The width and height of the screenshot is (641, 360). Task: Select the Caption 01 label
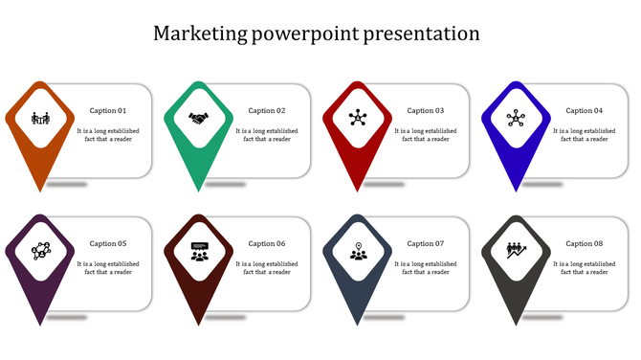(108, 111)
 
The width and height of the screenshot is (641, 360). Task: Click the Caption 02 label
(267, 111)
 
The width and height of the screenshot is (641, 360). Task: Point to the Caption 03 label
(426, 111)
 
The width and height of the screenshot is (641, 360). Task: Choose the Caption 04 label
(585, 111)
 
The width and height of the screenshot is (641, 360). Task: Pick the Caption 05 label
(108, 244)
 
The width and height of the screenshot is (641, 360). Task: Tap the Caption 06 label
(267, 244)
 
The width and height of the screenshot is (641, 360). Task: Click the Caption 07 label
(426, 244)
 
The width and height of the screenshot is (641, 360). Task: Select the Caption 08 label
(585, 244)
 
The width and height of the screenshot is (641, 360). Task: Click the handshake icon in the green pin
(199, 119)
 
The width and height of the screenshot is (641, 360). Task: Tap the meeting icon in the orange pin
(40, 119)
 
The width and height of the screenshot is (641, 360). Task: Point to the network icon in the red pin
(358, 119)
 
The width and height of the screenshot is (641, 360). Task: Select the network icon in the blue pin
(517, 119)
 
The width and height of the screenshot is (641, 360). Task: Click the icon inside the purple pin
(40, 251)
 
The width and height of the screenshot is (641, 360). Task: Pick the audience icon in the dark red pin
(199, 252)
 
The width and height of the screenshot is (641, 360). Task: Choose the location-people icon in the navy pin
(358, 252)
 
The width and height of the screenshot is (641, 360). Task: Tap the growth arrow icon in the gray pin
(517, 251)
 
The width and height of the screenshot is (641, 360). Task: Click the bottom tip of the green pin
(199, 189)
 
